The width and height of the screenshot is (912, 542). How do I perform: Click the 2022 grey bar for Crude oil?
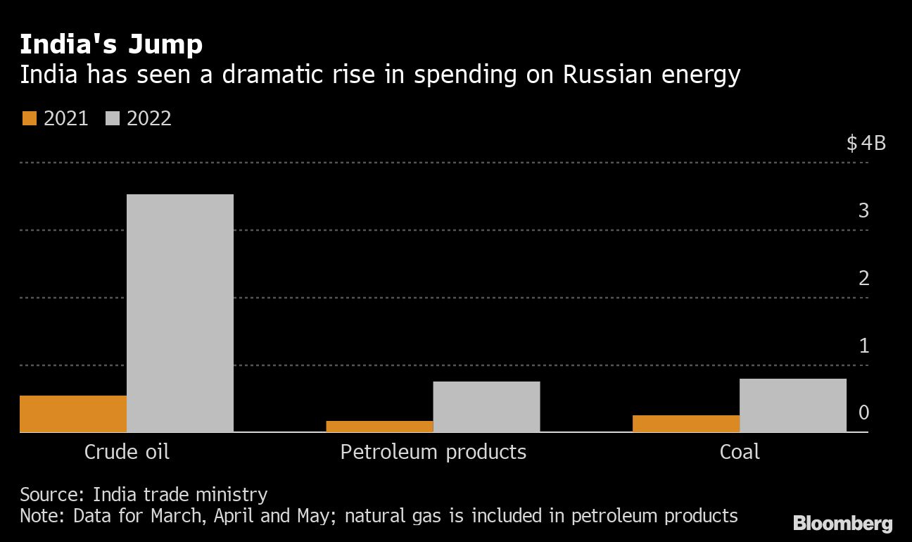click(x=180, y=313)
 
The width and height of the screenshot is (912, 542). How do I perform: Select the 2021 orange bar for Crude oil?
click(x=73, y=414)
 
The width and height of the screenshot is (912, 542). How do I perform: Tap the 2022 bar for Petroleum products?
click(x=486, y=406)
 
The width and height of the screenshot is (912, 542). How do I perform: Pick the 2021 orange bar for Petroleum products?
click(x=379, y=427)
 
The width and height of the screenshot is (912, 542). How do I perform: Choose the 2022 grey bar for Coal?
click(x=793, y=405)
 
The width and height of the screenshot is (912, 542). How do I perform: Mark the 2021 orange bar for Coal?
click(x=686, y=424)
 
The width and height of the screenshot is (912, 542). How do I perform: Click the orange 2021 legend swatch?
click(x=29, y=118)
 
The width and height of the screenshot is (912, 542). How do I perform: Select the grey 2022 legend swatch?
click(x=113, y=118)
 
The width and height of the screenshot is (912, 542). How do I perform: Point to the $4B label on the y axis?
click(x=866, y=144)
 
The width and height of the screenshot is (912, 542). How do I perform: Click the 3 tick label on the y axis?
click(x=863, y=210)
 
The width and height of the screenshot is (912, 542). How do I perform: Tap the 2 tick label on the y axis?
click(x=863, y=278)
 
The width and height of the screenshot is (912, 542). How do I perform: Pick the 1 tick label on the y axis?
click(x=863, y=346)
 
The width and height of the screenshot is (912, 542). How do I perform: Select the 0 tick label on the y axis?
click(x=863, y=412)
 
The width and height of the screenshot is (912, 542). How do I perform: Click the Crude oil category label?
click(x=127, y=451)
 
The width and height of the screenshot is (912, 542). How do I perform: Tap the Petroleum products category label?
click(x=433, y=451)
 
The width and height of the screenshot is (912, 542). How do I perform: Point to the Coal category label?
click(x=740, y=451)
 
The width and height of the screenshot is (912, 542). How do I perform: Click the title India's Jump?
click(x=111, y=44)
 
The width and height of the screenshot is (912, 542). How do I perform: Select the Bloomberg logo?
click(x=842, y=523)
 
